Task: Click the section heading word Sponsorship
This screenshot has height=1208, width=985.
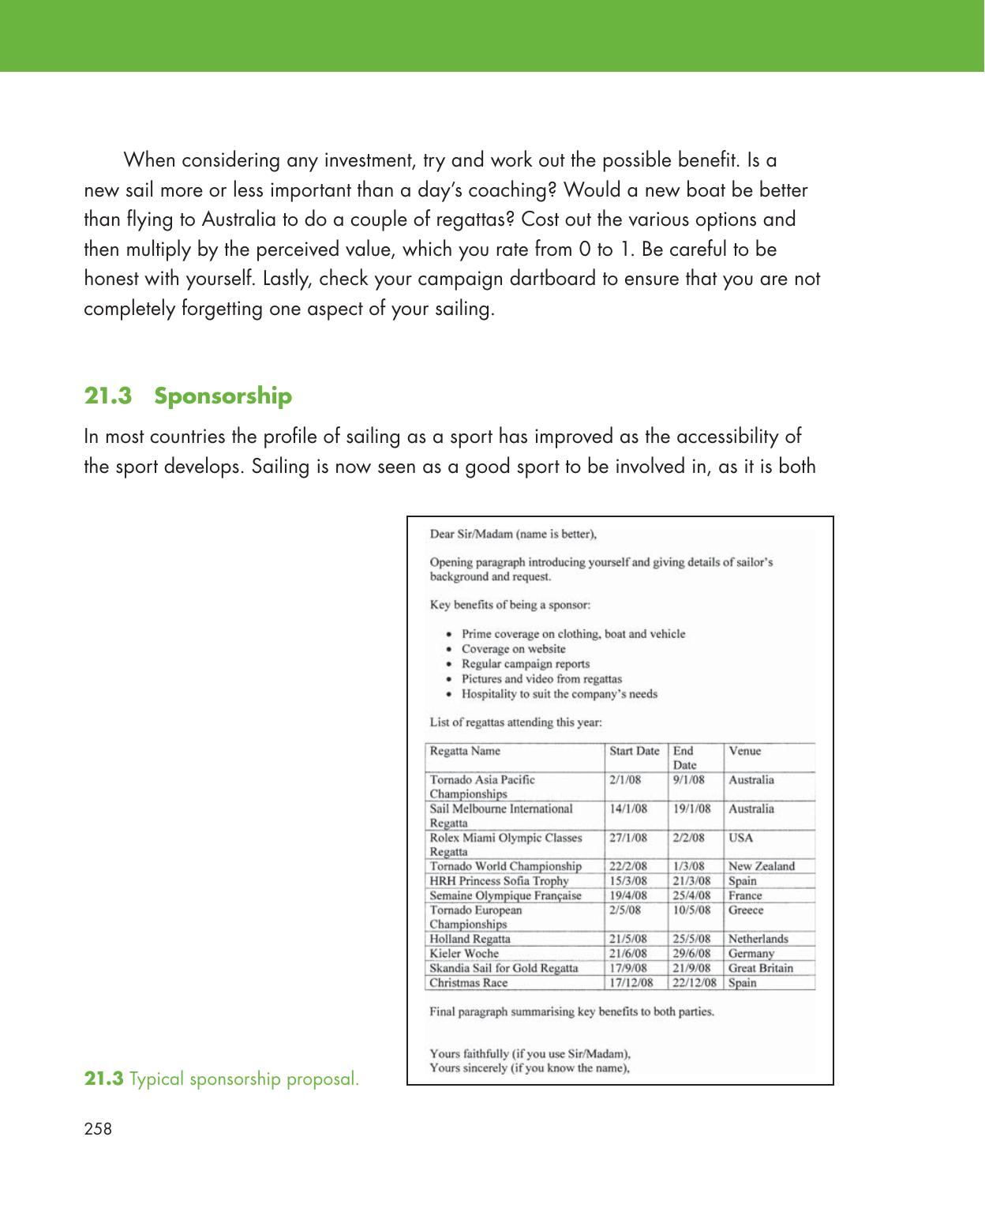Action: point(223,396)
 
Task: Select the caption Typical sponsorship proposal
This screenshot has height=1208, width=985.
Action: point(244,1079)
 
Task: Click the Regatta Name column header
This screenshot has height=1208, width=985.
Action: point(465,751)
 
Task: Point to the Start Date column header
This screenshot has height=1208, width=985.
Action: point(634,751)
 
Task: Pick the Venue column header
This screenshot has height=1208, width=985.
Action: point(744,751)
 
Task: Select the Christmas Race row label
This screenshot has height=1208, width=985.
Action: point(468,983)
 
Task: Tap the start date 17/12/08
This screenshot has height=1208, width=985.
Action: point(631,983)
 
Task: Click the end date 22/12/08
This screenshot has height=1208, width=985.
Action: point(695,983)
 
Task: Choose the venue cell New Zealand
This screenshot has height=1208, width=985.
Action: point(761,866)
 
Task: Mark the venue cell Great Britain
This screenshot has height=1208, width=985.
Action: point(761,968)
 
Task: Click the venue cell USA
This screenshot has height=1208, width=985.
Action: point(740,838)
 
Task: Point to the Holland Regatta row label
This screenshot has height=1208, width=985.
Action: point(470,939)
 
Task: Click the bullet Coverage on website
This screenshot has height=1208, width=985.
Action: point(513,649)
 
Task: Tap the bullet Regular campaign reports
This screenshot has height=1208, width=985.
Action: point(525,664)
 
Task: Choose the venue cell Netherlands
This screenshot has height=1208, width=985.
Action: point(758,939)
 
